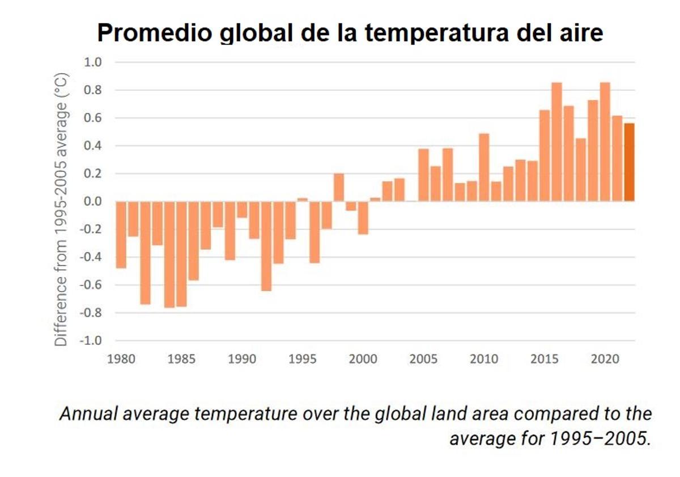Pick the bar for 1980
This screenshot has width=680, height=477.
tap(121, 234)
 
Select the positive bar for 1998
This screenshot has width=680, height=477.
tap(339, 187)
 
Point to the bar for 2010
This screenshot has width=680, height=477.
tap(484, 167)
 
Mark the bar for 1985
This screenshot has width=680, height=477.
tap(181, 254)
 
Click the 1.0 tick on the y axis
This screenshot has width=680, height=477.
tap(92, 62)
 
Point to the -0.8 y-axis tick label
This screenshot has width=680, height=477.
tap(90, 313)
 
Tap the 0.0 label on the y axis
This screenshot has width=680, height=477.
tap(92, 201)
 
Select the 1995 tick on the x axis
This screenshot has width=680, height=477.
tap(303, 359)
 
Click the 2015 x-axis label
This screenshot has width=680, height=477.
tap(545, 359)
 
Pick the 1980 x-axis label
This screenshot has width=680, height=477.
tap(121, 359)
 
